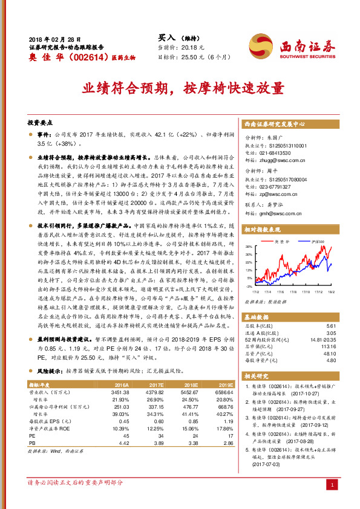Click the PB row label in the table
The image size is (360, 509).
click(33, 443)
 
